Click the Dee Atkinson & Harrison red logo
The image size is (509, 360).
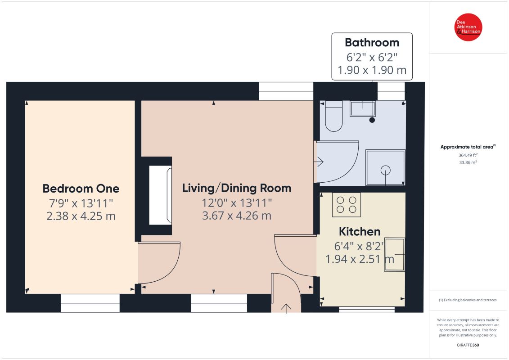468,27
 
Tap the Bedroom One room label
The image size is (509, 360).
81,189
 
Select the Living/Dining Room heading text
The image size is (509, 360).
237,188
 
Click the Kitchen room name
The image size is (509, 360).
360,231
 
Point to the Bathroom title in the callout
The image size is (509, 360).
372,42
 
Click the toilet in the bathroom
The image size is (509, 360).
333,116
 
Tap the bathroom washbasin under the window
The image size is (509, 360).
363,108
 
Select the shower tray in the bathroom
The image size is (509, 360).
385,167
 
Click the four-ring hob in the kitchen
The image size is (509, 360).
347,204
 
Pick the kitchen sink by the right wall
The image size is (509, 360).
394,255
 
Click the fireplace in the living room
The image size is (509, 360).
160,195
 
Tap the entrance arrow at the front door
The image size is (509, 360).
286,308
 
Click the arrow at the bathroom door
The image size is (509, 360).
320,162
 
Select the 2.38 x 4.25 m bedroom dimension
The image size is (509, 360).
81,216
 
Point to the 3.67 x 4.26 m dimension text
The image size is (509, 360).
237,216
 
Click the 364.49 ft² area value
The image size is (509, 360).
468,155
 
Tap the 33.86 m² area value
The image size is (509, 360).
468,162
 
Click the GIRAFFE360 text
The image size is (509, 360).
468,345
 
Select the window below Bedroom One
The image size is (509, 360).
90,303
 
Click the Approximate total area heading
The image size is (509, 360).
468,147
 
